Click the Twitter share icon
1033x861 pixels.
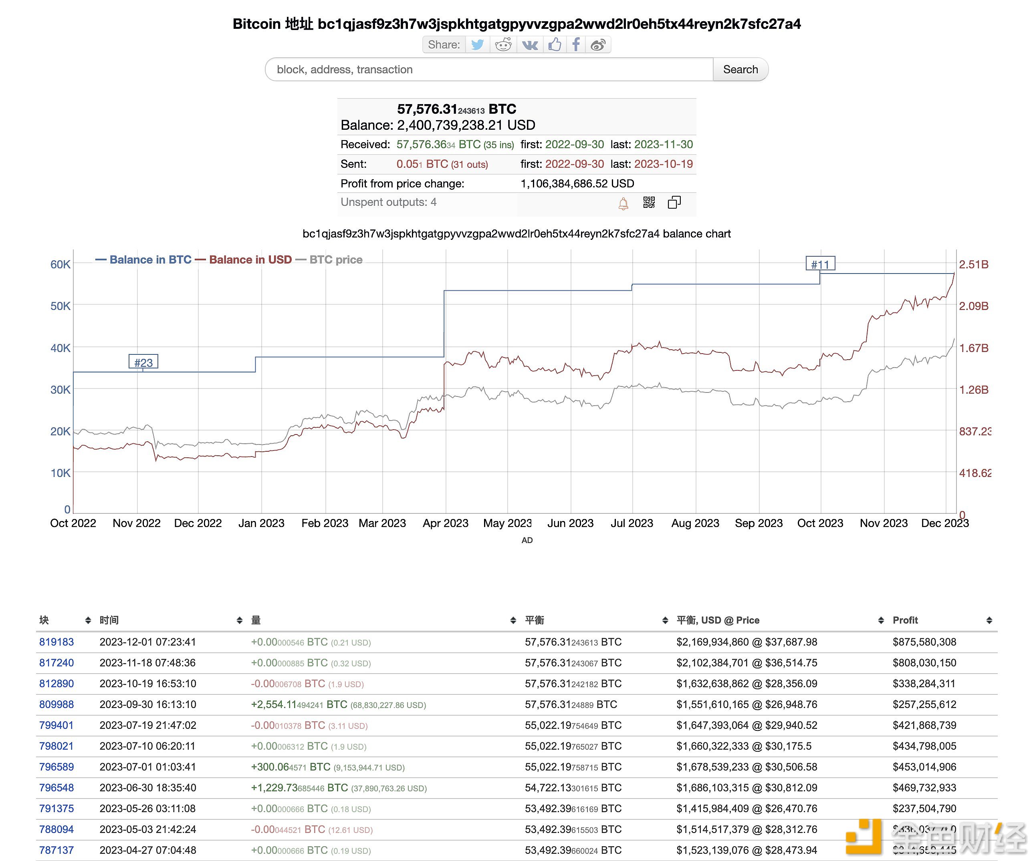(x=477, y=45)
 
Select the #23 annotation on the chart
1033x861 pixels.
(x=143, y=362)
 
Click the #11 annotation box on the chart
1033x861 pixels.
(x=819, y=264)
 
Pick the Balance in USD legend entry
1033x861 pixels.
(x=250, y=260)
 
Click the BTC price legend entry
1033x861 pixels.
(x=335, y=260)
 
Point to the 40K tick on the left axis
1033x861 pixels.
(x=61, y=348)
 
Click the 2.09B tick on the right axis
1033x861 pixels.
(x=973, y=306)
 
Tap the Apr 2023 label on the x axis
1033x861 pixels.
(x=445, y=523)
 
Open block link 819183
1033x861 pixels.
(x=56, y=642)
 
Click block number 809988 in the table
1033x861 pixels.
(x=56, y=704)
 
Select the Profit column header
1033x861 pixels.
(x=905, y=620)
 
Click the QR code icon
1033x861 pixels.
(x=649, y=202)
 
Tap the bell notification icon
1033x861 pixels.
(x=623, y=203)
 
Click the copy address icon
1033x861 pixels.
(x=674, y=202)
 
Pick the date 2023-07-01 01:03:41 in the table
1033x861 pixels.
(x=147, y=766)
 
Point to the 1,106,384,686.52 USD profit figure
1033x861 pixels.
(x=577, y=183)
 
